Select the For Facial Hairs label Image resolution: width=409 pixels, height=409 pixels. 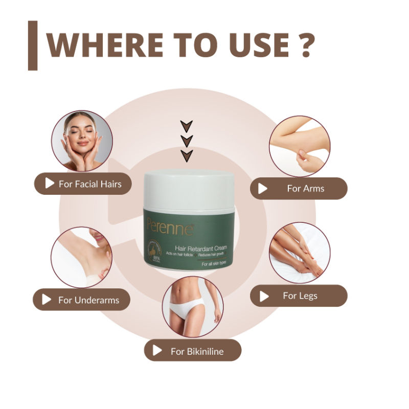pos(83,184)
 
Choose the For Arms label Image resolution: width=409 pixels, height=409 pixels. pos(299,188)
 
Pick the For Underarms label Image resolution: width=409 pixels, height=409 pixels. pos(81,300)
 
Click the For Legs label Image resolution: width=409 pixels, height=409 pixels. pos(299,296)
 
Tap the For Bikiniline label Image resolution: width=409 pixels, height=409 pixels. pos(192,351)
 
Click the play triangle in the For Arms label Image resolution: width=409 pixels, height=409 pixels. pos(263,189)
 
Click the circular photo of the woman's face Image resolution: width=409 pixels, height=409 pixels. pos(82,141)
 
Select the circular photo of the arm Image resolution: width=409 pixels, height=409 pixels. pos(300,146)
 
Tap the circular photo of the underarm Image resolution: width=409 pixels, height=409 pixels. pos(81,257)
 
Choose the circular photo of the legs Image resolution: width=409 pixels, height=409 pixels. pos(300,253)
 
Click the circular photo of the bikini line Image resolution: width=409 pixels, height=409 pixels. pos(193,307)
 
